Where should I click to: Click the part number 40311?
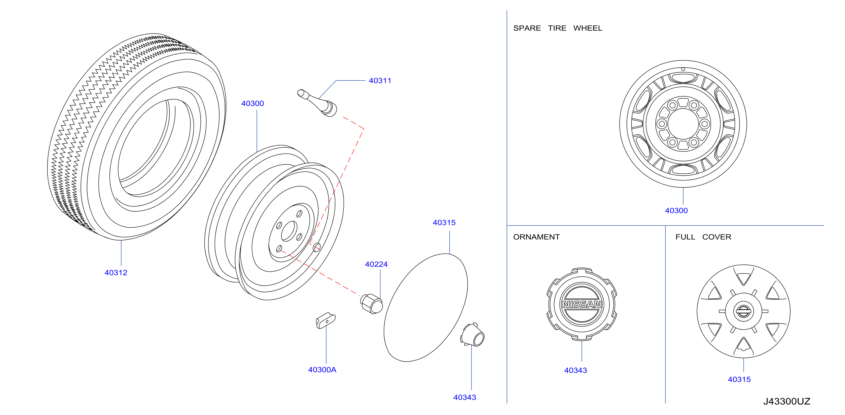pos(380,81)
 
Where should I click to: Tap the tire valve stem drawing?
pos(317,103)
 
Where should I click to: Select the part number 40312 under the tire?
pos(116,273)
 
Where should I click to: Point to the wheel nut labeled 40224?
pos(371,304)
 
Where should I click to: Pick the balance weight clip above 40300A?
pos(325,320)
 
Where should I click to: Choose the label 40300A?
pos(322,370)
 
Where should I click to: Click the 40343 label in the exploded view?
pos(465,397)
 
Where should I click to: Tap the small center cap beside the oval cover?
pos(472,335)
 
